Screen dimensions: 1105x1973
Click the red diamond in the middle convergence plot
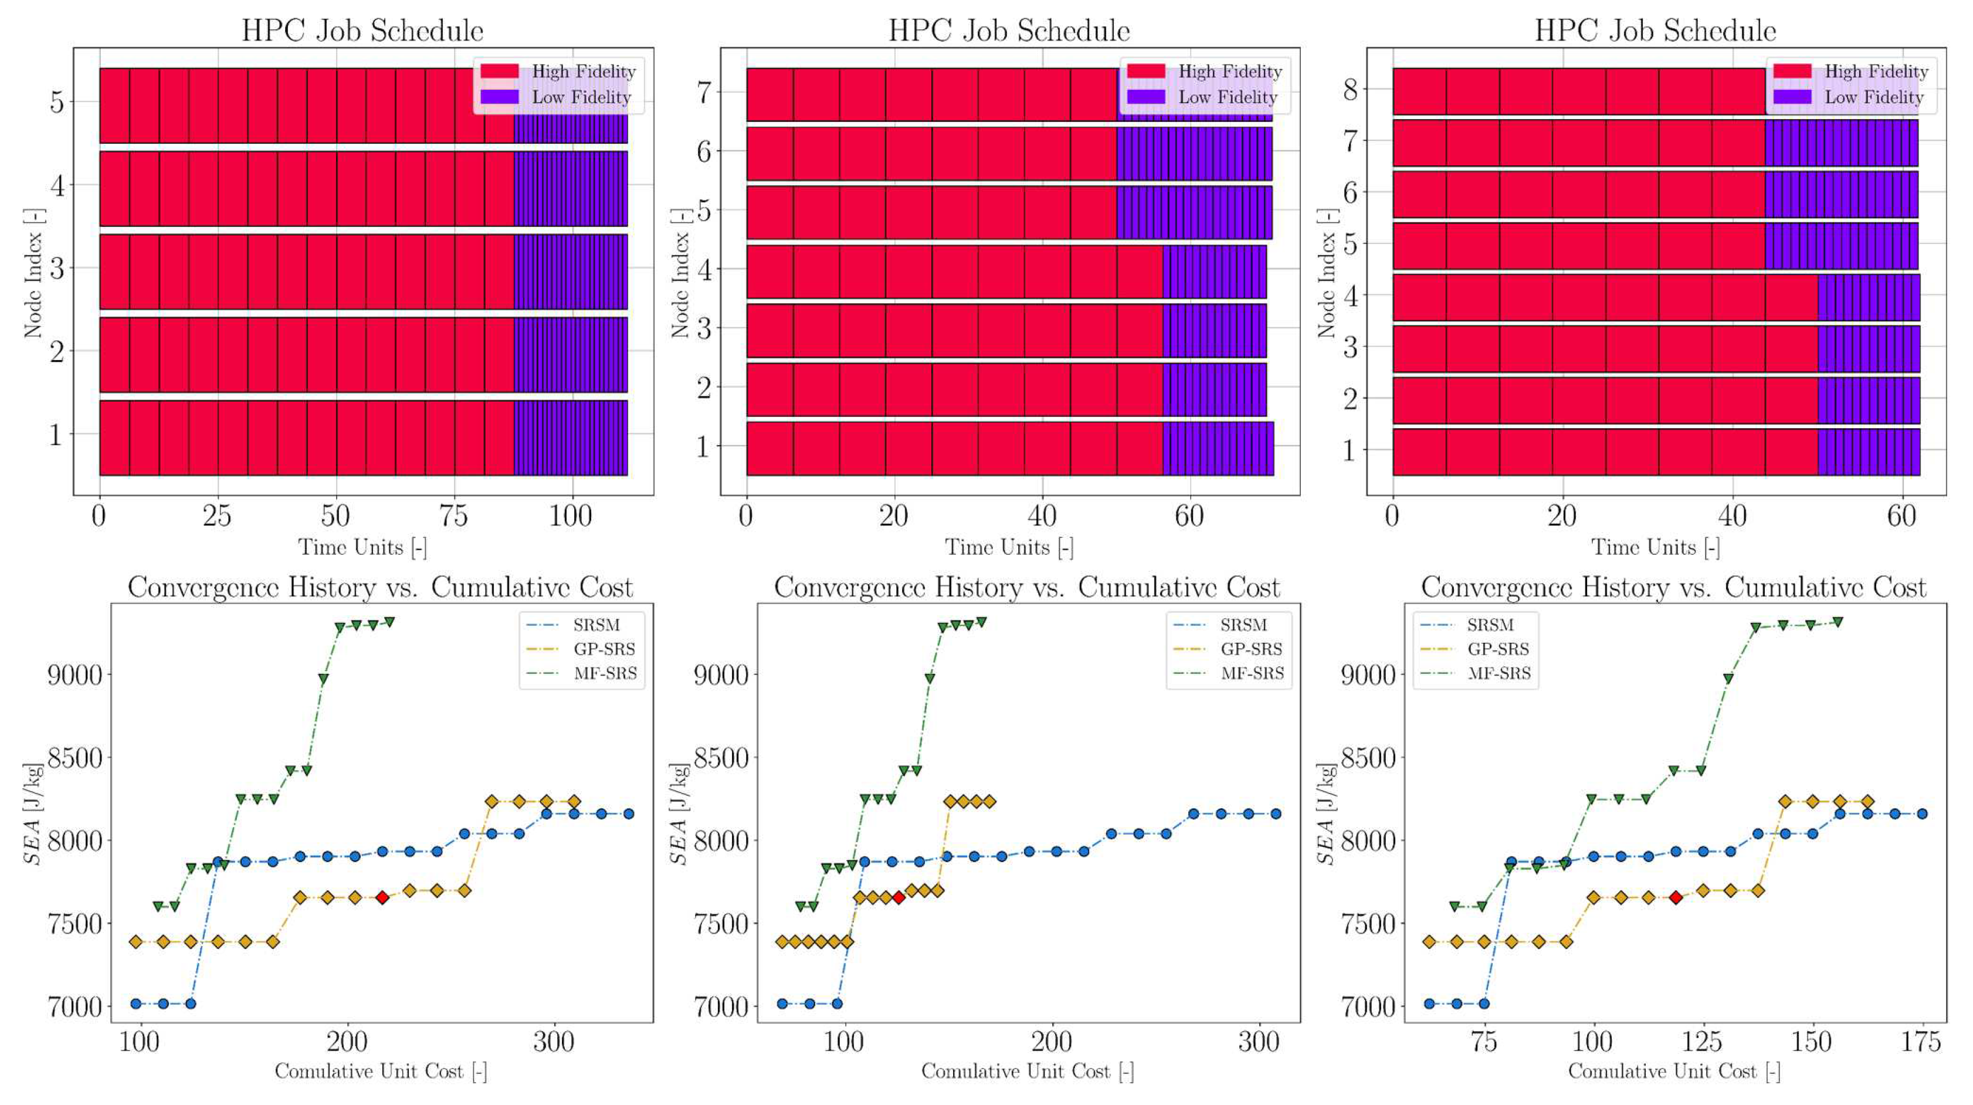point(899,897)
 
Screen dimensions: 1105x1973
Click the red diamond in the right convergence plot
point(1676,897)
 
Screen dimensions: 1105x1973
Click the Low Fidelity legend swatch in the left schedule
point(499,97)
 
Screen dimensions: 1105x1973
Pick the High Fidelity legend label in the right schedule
point(1876,71)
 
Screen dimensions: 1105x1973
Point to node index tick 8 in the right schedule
point(1350,90)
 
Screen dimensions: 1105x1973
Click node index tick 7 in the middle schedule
point(703,92)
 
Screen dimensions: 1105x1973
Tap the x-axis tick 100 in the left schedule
point(571,516)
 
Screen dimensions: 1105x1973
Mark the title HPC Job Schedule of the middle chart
point(1009,30)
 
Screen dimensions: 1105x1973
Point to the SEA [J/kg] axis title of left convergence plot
point(32,814)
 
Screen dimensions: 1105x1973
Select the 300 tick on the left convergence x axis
point(553,1042)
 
